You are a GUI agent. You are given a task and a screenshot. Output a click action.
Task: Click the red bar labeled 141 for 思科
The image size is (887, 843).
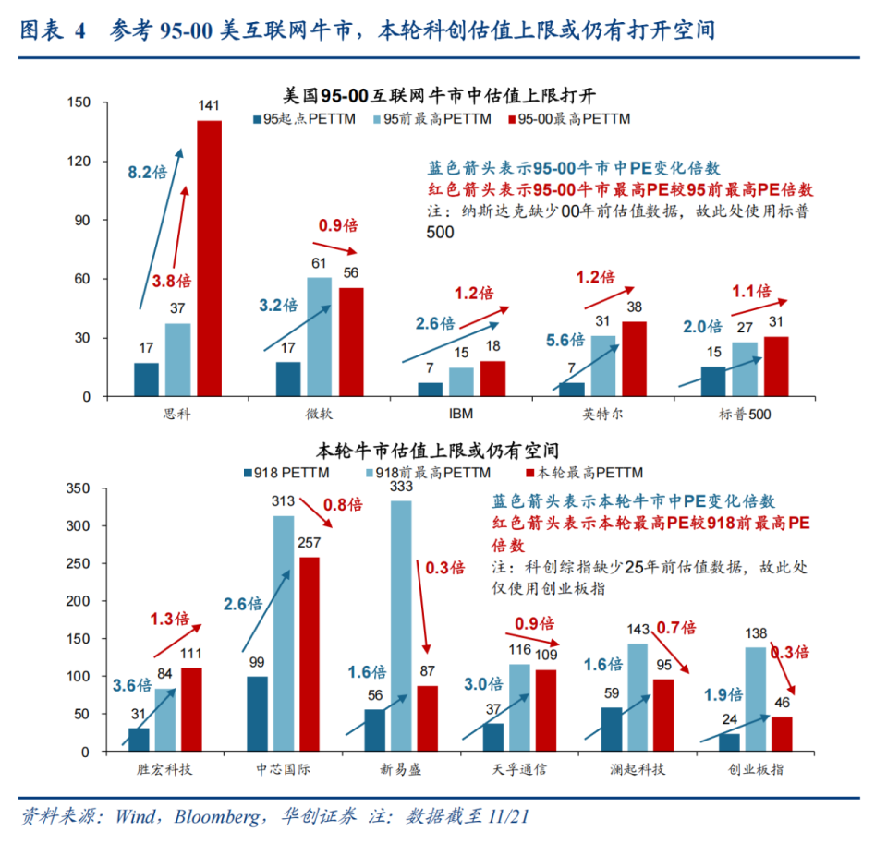point(209,259)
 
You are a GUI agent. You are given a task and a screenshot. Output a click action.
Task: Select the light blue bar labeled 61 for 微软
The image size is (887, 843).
point(319,337)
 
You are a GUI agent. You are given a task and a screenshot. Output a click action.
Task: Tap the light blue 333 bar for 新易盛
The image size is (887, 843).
point(401,628)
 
